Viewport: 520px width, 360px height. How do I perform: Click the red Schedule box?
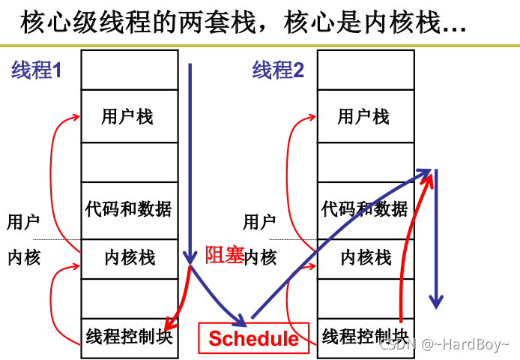point(253,337)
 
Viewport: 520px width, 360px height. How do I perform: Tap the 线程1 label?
point(37,70)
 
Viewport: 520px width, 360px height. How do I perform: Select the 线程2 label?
point(278,70)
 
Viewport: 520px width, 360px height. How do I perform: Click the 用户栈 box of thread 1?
point(129,116)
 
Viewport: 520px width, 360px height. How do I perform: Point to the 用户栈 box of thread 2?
point(365,116)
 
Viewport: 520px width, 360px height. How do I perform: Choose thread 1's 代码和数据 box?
point(129,208)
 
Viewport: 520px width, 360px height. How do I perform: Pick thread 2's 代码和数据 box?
point(365,208)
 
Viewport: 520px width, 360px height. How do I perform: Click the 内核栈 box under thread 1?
point(129,258)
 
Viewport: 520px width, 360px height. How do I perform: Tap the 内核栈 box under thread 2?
point(365,258)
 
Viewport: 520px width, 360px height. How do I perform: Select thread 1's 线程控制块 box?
point(129,335)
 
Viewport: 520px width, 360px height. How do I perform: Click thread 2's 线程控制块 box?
point(365,335)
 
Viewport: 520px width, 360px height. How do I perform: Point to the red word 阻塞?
point(224,256)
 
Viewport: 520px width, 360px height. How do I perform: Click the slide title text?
point(244,25)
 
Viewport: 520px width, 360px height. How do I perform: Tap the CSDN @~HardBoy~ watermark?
point(445,345)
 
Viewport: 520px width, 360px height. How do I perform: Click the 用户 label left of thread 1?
point(23,223)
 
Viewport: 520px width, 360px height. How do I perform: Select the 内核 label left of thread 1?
point(23,258)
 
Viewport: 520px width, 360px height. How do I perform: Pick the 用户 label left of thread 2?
point(259,223)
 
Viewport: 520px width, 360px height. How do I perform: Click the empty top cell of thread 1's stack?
point(129,70)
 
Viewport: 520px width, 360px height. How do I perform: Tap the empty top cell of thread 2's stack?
point(365,70)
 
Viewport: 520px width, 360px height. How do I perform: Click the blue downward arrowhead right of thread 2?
point(435,301)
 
